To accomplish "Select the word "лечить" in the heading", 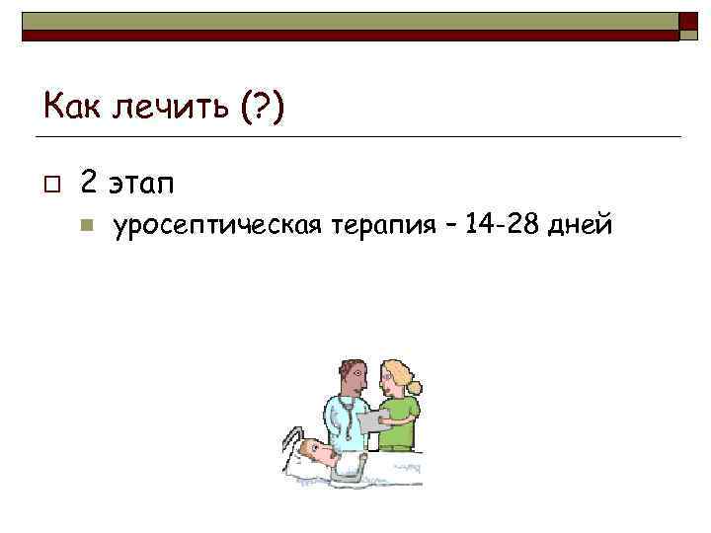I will tap(165, 106).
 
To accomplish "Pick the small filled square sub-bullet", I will tap(86, 226).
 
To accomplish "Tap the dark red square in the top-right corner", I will tap(688, 25).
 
